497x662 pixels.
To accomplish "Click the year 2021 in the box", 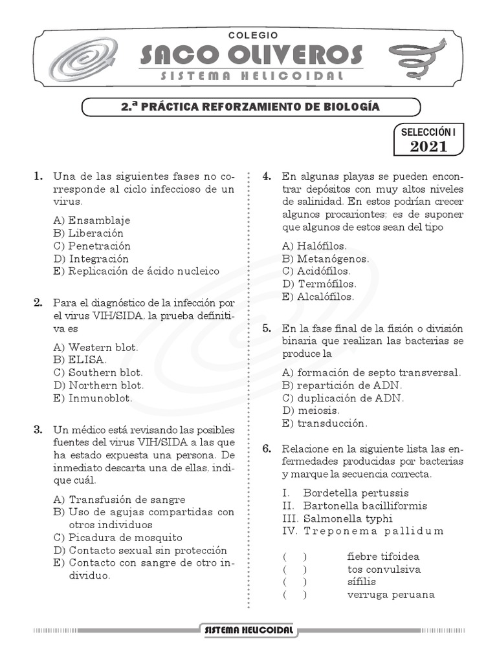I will point(428,146).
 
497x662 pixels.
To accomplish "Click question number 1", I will point(39,176).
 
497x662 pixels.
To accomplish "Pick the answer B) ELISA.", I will point(80,359).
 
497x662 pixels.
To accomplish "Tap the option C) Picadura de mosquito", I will point(118,537).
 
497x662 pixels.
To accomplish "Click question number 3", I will point(39,429).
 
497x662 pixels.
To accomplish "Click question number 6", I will point(267,448).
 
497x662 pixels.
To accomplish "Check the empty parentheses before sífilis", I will point(294,582).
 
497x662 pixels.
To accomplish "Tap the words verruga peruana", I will point(390,595).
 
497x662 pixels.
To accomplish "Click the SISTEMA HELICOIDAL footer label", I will point(248,630).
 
